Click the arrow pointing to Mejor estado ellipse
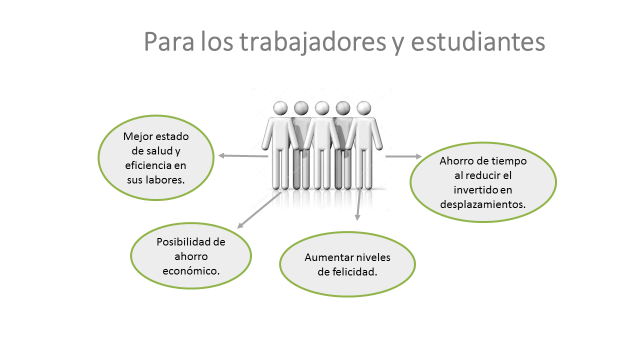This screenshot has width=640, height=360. pyautogui.click(x=243, y=156)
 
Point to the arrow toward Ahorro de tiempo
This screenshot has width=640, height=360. pyautogui.click(x=402, y=156)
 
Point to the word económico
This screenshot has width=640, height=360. pyautogui.click(x=191, y=272)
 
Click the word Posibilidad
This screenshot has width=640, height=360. pyautogui.click(x=191, y=242)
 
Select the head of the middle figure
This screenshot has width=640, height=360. pyautogui.click(x=322, y=107)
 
